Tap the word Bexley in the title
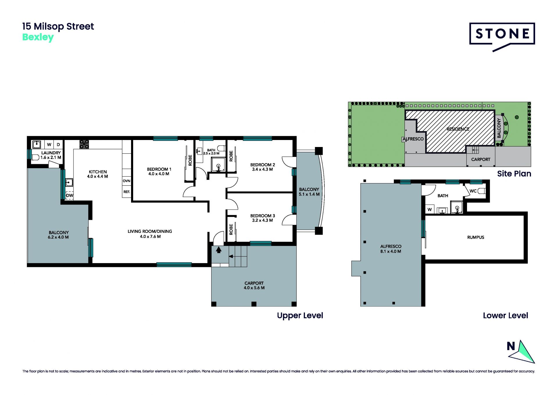38,38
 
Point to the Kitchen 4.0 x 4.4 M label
98,174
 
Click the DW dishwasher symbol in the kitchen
69,195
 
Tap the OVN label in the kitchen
126,181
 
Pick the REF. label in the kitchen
126,192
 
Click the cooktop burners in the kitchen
84,144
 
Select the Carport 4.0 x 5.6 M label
254,285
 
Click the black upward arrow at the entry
219,250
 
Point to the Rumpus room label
475,237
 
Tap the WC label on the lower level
473,191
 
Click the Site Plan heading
514,174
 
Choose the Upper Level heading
300,316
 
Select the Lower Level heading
505,316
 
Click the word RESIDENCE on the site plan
458,129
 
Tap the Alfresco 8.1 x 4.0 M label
391,249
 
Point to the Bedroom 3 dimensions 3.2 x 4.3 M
262,220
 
